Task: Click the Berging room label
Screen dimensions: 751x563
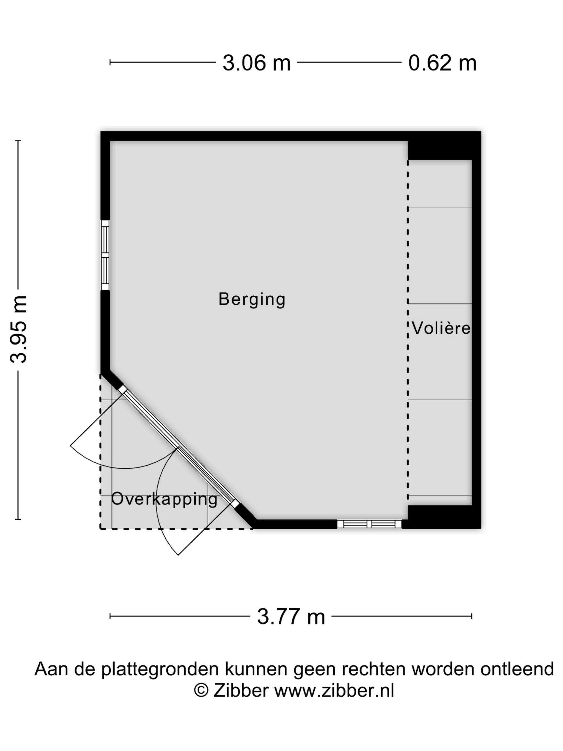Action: tap(251, 299)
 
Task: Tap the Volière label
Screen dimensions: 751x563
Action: tap(441, 328)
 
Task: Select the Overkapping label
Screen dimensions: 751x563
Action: tap(164, 499)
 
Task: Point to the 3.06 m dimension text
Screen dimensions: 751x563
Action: tap(256, 63)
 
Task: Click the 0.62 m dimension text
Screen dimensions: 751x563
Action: tap(442, 63)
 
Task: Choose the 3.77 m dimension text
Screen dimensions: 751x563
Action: tap(291, 617)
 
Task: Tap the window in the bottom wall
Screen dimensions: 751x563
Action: tap(369, 524)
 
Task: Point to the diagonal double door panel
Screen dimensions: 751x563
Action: tap(178, 446)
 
